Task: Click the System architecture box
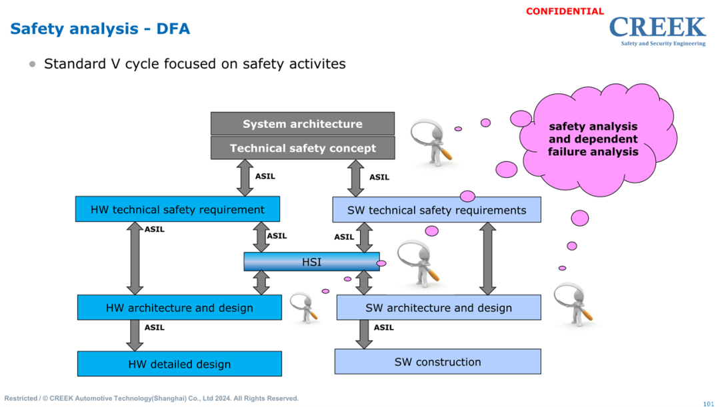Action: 303,124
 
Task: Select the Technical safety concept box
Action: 303,148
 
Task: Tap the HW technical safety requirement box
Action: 177,209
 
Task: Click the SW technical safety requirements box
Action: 437,210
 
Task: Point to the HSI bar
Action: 311,262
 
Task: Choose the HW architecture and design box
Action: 179,308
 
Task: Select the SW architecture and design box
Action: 438,308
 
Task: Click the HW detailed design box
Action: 179,364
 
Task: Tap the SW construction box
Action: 437,362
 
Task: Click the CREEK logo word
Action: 657,27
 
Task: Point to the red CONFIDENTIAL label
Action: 565,11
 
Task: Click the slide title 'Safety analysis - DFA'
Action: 100,29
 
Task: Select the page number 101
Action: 708,403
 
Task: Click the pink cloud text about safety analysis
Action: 593,139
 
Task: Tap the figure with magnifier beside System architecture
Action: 432,142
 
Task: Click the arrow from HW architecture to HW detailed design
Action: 135,335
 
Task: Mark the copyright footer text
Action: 151,398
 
